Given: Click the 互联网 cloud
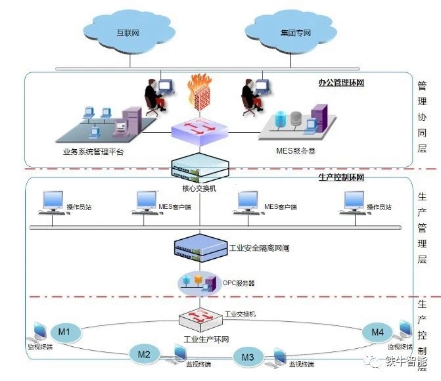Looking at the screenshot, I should pos(129,31).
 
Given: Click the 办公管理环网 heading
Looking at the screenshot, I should pos(340,83).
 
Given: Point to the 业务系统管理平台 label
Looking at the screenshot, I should pos(93,152).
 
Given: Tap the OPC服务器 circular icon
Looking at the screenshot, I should pos(198,283).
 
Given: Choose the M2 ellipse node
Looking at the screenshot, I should pos(145,354).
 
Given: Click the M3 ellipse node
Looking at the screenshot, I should pos(248,357).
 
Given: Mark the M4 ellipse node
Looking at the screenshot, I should pos(377,332).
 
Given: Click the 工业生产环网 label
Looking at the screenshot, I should pos(206,339).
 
